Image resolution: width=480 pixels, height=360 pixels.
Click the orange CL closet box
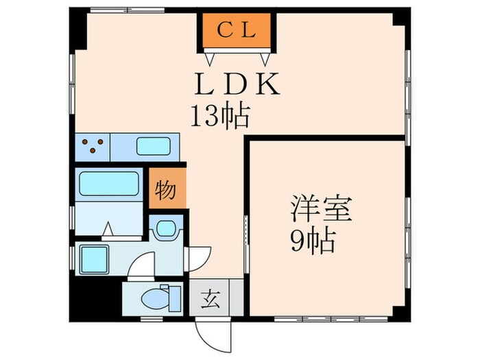(237, 30)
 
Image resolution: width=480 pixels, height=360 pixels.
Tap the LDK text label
(237, 86)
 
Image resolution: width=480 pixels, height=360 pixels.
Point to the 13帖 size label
(219, 117)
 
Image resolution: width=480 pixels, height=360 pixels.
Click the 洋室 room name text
(321, 209)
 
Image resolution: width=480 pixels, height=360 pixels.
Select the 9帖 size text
(312, 241)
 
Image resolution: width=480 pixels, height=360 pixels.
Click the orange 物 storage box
(166, 189)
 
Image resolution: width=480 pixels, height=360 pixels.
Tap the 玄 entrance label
(211, 299)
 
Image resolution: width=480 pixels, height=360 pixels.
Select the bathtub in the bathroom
(110, 184)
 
